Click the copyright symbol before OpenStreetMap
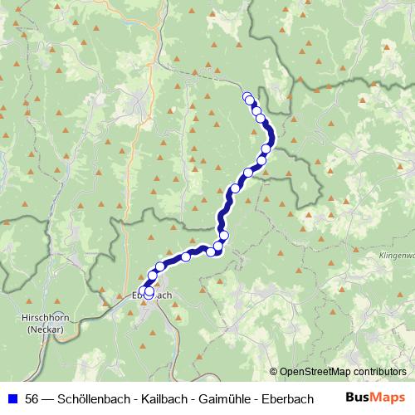click(x=274, y=372)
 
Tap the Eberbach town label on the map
click(x=154, y=295)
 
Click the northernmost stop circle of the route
click(x=247, y=96)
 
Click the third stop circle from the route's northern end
click(x=256, y=111)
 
